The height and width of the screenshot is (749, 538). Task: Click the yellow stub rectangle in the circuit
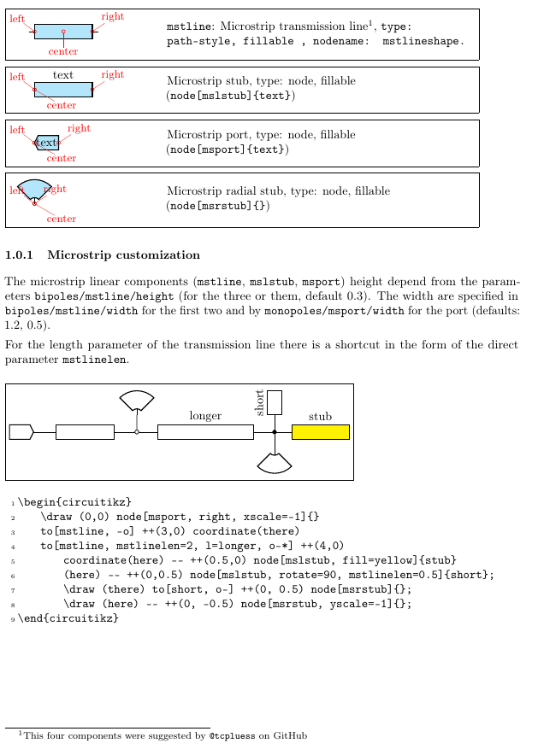point(320,432)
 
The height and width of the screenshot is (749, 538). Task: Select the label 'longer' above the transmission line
point(205,416)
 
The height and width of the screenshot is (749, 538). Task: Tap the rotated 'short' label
point(260,401)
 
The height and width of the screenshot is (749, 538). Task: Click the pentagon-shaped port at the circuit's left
point(21,432)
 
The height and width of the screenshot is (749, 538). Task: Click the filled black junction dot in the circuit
point(275,432)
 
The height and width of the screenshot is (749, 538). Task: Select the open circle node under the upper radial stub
point(137,432)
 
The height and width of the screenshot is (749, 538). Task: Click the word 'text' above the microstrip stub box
point(63,75)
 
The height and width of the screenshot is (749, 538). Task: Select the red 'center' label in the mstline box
point(63,52)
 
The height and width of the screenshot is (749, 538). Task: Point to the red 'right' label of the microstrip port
point(79,129)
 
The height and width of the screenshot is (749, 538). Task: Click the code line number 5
point(12,560)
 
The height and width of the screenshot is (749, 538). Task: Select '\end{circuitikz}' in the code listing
point(68,618)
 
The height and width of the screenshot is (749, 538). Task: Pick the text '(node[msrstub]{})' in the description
point(218,205)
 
